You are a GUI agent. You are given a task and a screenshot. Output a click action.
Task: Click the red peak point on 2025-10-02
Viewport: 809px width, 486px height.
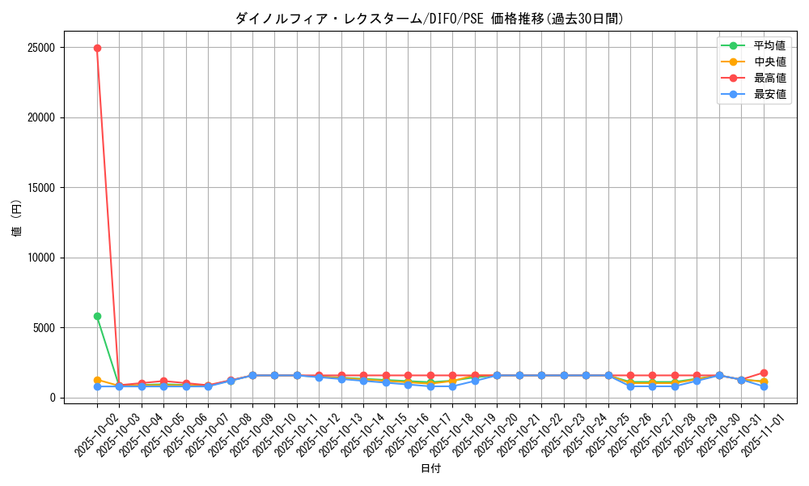[x=97, y=48]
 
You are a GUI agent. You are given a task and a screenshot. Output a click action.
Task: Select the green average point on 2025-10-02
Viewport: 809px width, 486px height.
[x=97, y=316]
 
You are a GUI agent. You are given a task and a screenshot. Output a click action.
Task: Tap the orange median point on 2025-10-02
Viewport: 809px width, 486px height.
[x=97, y=380]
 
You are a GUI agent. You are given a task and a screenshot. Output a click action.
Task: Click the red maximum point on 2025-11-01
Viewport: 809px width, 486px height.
[x=764, y=373]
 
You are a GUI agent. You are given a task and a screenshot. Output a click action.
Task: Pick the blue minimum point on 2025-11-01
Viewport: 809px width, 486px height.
[x=764, y=386]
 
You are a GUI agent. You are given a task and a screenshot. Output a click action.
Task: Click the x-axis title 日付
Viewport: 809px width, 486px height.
[x=430, y=468]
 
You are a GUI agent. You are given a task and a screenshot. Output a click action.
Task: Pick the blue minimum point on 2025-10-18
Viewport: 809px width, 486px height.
[x=452, y=386]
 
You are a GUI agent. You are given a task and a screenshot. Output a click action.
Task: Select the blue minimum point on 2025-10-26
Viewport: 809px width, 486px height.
[x=630, y=386]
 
